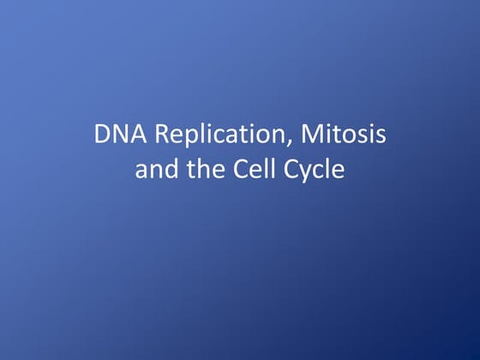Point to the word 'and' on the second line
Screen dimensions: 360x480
(155, 169)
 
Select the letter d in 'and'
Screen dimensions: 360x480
(168, 169)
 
